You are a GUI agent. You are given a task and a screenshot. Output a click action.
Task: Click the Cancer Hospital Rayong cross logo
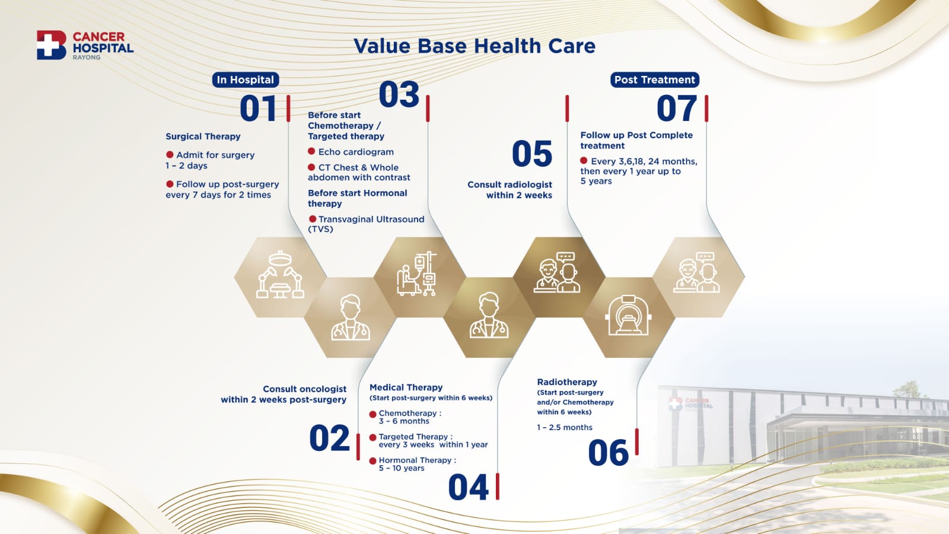(51, 45)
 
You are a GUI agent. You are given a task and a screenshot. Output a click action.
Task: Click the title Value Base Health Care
(474, 46)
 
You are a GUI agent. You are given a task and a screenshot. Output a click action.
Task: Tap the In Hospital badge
(246, 80)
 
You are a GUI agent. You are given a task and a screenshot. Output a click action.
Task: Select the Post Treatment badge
(655, 80)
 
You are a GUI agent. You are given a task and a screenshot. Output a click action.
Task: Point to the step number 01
(258, 109)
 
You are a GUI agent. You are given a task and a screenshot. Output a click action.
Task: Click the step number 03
(399, 94)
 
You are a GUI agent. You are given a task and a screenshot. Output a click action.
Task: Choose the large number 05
(531, 154)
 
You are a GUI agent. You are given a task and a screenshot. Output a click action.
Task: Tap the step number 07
(677, 109)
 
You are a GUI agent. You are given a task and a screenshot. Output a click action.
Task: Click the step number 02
(330, 438)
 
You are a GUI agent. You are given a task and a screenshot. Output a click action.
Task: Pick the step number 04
(469, 487)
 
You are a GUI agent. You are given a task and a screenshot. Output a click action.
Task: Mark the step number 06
(609, 453)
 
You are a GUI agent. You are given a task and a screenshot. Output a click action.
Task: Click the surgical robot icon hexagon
(280, 277)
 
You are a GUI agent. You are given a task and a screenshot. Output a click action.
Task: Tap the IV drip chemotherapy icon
(416, 274)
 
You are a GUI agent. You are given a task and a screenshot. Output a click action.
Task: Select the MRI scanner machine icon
(628, 315)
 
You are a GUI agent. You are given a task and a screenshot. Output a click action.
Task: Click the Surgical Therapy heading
(203, 136)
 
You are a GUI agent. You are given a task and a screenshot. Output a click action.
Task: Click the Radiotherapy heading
(567, 382)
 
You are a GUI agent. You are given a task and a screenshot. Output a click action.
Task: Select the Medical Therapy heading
(406, 387)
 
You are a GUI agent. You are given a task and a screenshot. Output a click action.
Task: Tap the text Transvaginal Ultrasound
(371, 219)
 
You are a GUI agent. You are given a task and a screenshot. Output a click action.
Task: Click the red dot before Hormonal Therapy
(373, 460)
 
